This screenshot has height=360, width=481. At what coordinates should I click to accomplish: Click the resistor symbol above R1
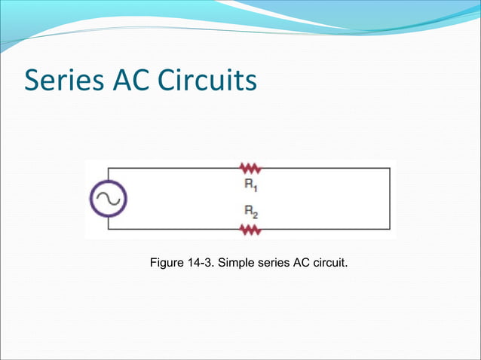249,169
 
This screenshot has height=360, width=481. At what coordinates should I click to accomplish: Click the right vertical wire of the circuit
390,199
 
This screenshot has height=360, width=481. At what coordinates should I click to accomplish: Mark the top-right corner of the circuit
390,169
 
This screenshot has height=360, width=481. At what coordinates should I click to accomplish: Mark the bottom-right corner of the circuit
390,229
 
